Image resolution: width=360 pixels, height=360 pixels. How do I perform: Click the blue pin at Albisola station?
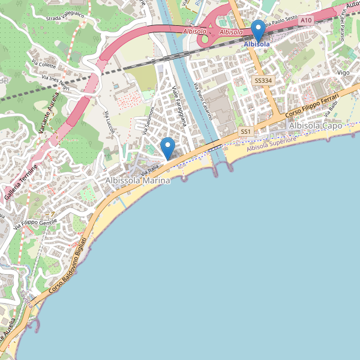coord(258,30)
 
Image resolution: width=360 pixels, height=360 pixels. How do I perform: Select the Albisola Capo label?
coord(315,126)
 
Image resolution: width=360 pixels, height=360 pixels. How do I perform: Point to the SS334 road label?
coord(262,80)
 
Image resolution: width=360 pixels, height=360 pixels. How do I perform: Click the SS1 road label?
coord(245,131)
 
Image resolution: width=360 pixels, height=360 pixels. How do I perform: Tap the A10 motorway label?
coord(306,20)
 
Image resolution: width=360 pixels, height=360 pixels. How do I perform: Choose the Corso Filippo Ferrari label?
coord(313,104)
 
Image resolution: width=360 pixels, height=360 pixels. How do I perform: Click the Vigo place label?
coord(343,73)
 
